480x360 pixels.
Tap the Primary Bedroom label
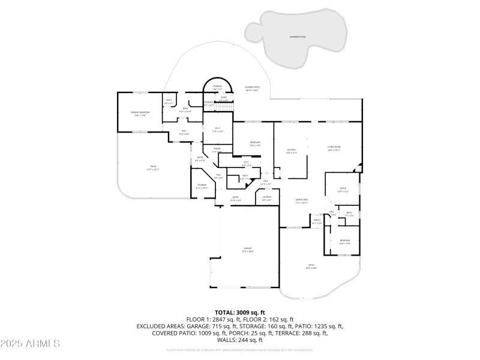coord(142,113)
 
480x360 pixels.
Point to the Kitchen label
coord(291,151)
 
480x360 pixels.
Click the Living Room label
coord(334,149)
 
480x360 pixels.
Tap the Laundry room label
coord(267,197)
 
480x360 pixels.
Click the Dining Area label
coord(302,201)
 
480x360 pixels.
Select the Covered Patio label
coord(252,88)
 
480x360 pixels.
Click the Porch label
coord(317,221)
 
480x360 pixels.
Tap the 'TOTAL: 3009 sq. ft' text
coord(239,313)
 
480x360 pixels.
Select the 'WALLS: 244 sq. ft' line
coord(239,340)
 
